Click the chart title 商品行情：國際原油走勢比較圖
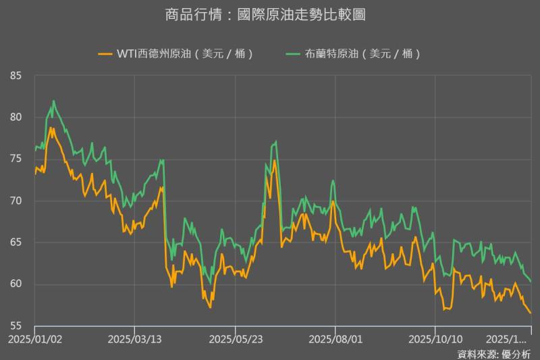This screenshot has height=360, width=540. point(269,14)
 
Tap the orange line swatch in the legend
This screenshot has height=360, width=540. point(105,54)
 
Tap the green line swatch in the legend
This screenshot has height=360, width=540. point(292,54)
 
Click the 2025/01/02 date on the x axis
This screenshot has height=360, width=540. point(35,340)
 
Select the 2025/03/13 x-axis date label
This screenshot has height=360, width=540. point(134,340)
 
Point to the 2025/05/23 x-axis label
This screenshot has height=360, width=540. point(235,340)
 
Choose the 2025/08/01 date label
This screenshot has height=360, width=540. point(335,340)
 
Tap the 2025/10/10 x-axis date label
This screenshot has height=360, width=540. point(435,340)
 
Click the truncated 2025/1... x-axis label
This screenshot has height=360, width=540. point(510,340)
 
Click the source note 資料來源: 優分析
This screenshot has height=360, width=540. point(493,353)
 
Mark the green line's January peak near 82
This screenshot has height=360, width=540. point(53,101)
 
